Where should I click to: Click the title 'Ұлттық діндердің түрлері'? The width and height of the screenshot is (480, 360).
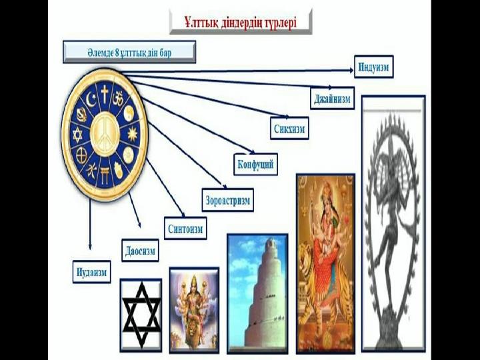(241, 21)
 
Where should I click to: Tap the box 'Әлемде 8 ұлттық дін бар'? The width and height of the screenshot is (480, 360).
(129, 52)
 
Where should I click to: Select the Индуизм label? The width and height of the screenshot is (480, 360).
(373, 67)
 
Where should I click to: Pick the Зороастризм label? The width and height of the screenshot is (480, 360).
(227, 199)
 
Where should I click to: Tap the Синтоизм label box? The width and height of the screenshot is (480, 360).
(185, 228)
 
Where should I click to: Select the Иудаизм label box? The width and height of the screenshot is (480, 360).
(91, 271)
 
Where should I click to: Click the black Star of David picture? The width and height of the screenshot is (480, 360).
(141, 314)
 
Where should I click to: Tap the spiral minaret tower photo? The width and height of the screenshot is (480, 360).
(257, 293)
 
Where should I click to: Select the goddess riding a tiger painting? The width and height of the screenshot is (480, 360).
(325, 263)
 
